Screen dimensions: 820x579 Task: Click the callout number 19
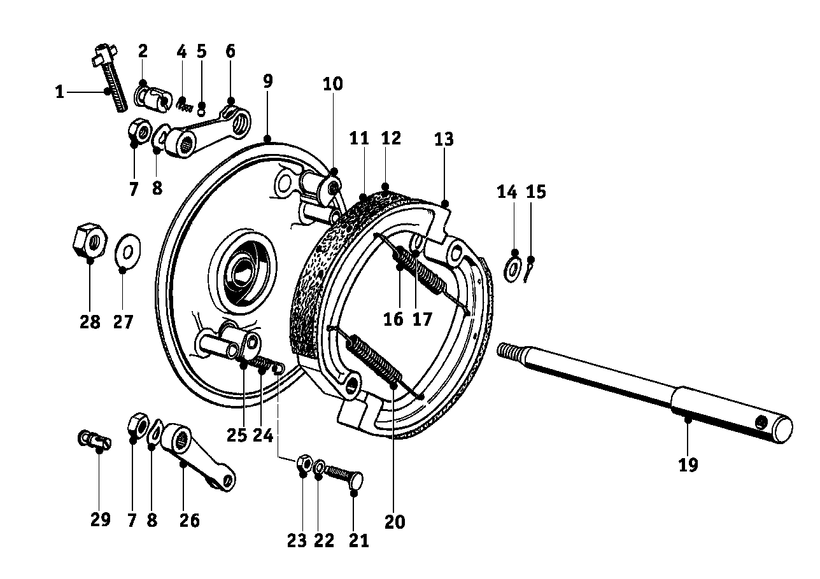(x=688, y=465)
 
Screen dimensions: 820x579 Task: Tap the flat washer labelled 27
(x=127, y=252)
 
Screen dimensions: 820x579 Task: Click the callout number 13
(x=444, y=139)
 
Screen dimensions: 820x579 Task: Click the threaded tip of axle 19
(x=511, y=352)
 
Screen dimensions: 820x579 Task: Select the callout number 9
(x=267, y=81)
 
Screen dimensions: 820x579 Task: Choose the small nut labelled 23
(x=304, y=463)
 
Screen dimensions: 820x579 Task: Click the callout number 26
(x=189, y=520)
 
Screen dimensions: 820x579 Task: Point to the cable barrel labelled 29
(x=94, y=439)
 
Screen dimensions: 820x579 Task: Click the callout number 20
(x=395, y=522)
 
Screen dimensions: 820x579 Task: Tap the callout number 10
(x=332, y=84)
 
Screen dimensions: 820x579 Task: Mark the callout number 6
(x=230, y=51)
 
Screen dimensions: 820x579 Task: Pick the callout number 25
(x=236, y=435)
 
